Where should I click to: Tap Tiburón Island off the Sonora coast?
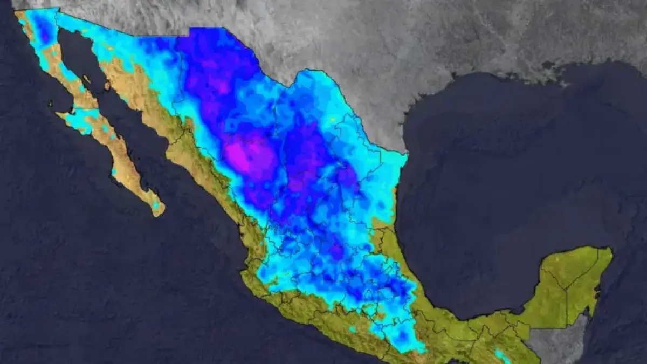[x=107, y=85]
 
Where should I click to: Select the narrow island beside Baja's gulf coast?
[x=87, y=81]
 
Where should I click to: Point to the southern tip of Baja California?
[x=159, y=213]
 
